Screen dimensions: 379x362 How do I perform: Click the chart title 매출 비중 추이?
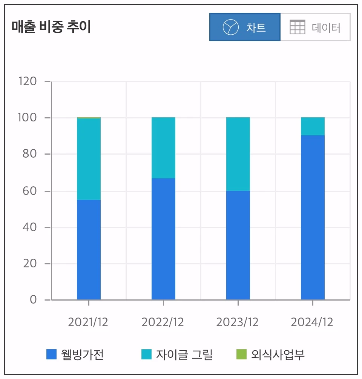51,28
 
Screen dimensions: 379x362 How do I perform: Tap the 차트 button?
245,27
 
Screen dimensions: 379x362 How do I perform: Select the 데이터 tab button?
315,27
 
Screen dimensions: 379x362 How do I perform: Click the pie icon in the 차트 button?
231,27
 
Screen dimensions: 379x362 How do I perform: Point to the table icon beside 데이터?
297,27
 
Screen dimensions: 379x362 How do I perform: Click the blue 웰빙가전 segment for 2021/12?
89,250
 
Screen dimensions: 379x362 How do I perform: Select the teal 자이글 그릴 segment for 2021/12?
89,159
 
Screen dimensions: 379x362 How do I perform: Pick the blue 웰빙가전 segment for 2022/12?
163,239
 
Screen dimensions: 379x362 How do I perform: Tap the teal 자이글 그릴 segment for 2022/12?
163,147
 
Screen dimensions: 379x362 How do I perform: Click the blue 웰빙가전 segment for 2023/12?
238,245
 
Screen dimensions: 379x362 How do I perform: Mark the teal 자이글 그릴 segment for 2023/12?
238,154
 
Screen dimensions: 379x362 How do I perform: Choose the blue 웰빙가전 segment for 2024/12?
313,217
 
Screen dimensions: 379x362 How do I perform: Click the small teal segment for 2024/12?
313,126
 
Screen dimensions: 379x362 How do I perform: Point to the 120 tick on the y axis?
28,81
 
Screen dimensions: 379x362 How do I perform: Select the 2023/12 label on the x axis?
238,322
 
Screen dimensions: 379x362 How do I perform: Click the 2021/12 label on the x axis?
88,322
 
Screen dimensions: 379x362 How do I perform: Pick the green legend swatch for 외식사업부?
241,354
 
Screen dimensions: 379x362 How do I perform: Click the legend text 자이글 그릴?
184,354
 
